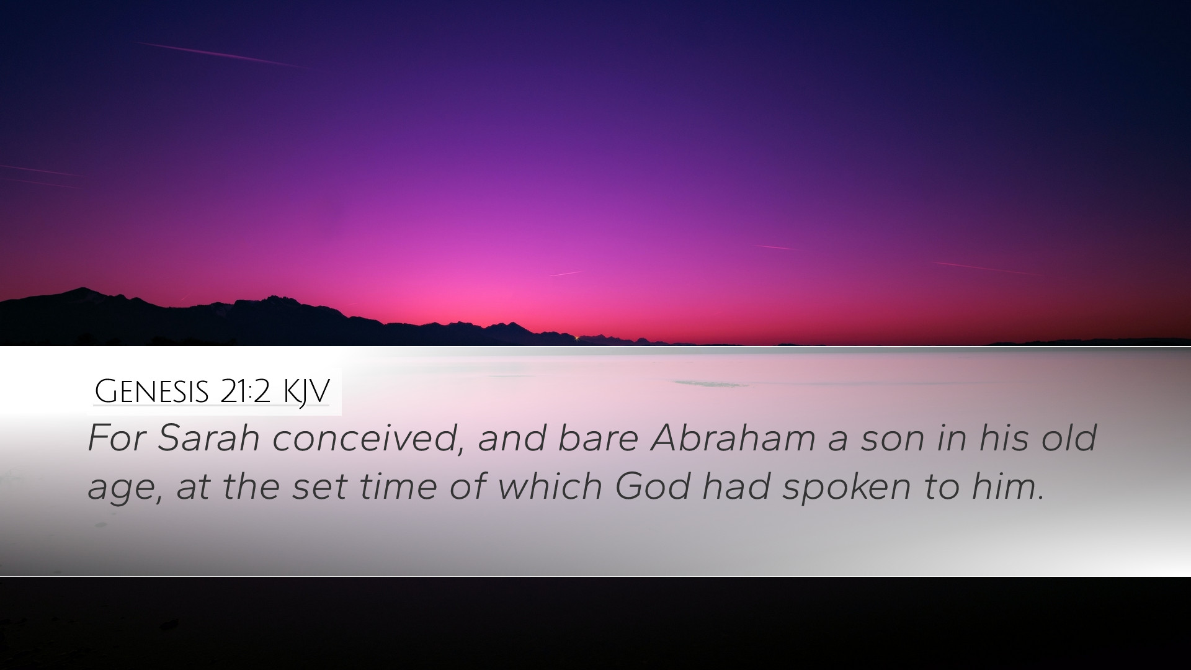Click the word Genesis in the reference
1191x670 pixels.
coord(151,391)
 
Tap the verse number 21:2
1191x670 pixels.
coord(245,391)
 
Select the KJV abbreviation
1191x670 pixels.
coord(306,392)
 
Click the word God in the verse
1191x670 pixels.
coord(652,486)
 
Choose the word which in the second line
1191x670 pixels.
coord(550,486)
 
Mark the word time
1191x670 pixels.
coord(398,486)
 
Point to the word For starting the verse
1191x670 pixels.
coord(117,438)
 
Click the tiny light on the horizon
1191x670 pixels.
coord(578,337)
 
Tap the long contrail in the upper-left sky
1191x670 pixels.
coord(221,55)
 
